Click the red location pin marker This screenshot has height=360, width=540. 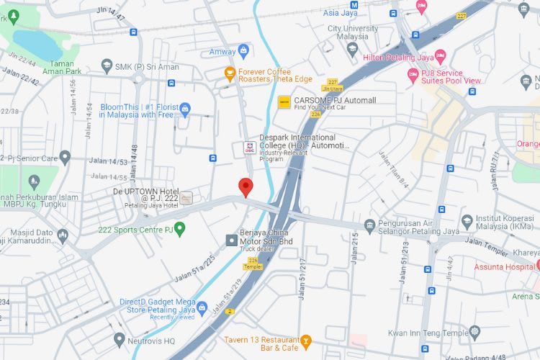(x=245, y=186)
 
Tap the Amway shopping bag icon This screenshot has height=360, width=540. (x=243, y=50)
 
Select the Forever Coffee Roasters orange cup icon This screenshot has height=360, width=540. (x=230, y=72)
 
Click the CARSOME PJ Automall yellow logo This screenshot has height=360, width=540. (x=284, y=102)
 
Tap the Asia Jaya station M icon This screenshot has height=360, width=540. (x=333, y=4)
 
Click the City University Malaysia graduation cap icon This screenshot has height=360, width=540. (x=352, y=49)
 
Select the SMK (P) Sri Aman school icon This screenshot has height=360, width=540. (x=107, y=66)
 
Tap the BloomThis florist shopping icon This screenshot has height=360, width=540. (x=185, y=109)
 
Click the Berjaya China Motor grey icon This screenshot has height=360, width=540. (x=231, y=240)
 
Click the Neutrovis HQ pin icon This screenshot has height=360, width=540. (x=120, y=338)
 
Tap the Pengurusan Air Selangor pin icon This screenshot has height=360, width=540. (x=369, y=225)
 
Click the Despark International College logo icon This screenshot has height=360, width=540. (x=248, y=148)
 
